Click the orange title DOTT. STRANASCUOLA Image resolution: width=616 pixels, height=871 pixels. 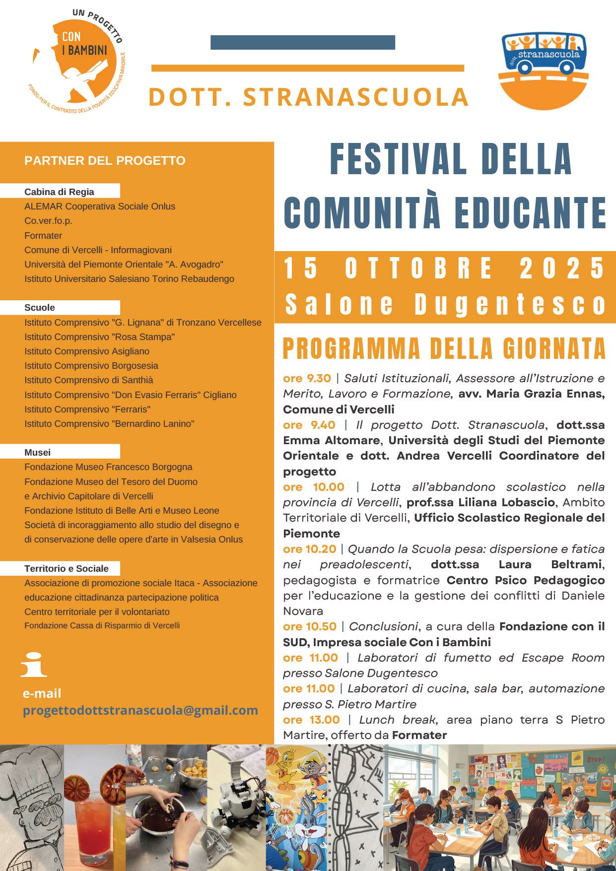(308, 97)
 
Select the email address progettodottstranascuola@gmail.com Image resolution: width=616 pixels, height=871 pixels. (140, 710)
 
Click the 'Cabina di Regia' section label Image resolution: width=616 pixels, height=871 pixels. (59, 192)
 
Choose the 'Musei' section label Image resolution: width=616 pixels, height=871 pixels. (38, 452)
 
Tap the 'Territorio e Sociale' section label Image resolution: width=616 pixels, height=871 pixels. (67, 568)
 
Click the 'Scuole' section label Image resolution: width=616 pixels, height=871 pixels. (40, 308)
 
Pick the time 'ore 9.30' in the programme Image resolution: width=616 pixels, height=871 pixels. (307, 378)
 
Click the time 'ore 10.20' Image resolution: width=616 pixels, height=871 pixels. (310, 549)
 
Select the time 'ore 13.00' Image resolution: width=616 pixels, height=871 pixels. (311, 720)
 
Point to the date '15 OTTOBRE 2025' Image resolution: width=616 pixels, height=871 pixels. (445, 268)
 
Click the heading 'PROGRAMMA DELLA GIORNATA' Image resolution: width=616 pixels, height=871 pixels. (444, 349)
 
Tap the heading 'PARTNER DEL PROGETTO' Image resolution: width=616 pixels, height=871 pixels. (105, 161)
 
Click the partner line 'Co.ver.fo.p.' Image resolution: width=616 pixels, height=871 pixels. (49, 221)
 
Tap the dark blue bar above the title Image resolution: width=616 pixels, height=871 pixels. (303, 43)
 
